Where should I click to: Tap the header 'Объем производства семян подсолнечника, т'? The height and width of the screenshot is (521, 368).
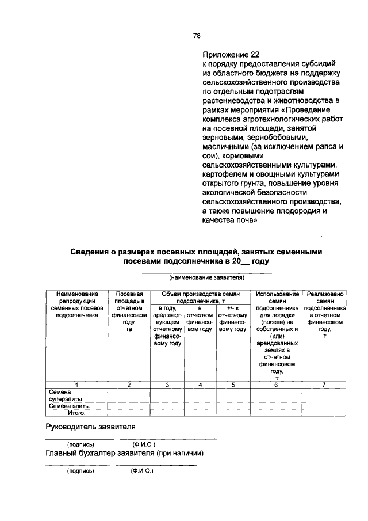point(200,297)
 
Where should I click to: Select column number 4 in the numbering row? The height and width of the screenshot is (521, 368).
point(200,385)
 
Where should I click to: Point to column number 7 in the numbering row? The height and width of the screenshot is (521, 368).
point(325,385)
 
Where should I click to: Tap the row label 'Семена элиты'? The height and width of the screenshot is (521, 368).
point(69,406)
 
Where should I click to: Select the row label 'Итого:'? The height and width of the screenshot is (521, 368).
point(75,412)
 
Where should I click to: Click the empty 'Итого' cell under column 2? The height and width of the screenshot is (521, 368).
point(129,412)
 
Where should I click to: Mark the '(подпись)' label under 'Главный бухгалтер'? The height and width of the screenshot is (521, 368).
point(80,470)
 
